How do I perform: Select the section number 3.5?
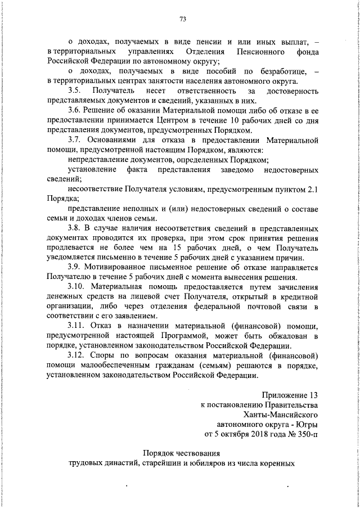[x=75, y=91]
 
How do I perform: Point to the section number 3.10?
[x=76, y=286]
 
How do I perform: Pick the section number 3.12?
[x=76, y=355]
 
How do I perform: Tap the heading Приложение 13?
[x=290, y=395]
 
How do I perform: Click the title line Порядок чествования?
[x=181, y=454]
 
